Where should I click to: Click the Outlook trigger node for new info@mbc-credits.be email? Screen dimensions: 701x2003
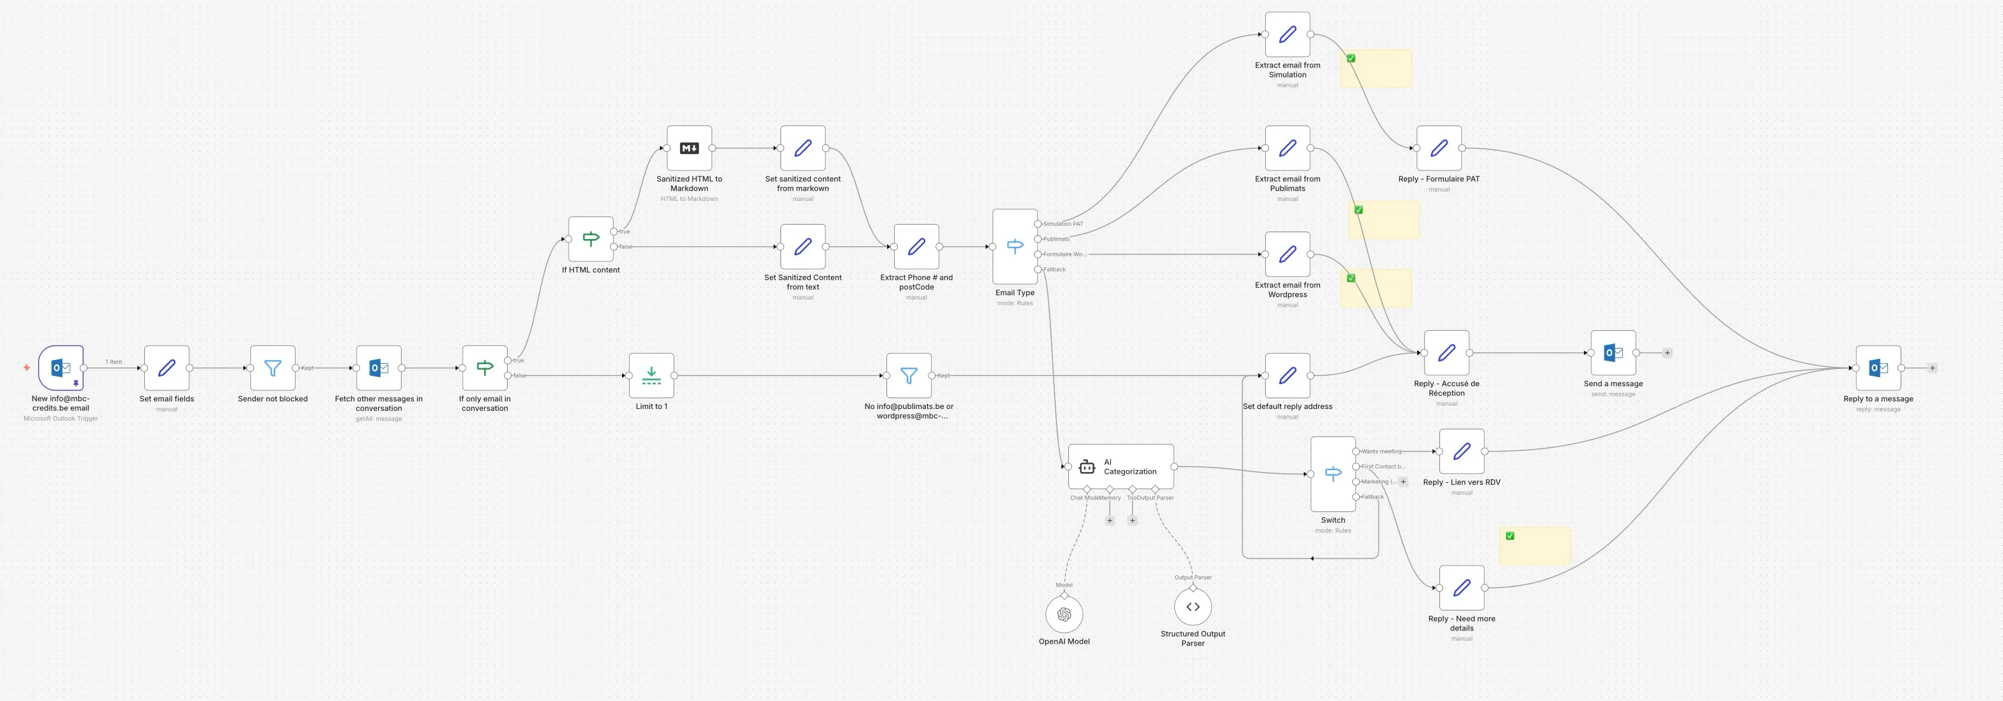point(60,368)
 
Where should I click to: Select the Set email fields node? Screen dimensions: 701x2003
point(166,368)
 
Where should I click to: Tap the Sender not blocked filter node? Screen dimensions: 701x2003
point(272,368)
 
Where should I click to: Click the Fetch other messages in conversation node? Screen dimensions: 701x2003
point(379,368)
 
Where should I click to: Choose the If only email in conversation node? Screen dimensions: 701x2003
point(484,368)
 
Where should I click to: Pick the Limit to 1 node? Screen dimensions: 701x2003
point(651,376)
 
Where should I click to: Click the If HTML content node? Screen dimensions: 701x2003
point(591,239)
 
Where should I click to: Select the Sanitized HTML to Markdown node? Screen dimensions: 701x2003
point(689,148)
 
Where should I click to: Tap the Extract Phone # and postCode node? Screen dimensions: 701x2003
point(916,247)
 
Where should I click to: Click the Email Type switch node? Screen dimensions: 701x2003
point(1015,247)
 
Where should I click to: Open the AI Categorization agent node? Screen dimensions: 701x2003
point(1120,467)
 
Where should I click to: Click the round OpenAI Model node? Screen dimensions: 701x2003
point(1064,614)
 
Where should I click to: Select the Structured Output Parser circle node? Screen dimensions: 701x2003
point(1193,607)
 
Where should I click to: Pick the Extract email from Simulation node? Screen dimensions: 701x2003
point(1287,34)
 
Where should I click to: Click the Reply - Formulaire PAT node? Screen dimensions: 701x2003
point(1439,148)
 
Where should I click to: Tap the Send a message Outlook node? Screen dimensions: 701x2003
point(1613,353)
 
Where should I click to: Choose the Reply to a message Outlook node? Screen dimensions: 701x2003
point(1878,368)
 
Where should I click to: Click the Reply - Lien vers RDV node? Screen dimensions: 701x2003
point(1461,451)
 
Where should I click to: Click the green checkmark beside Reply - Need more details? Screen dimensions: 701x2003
point(1510,536)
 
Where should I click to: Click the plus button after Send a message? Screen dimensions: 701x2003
point(1667,353)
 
